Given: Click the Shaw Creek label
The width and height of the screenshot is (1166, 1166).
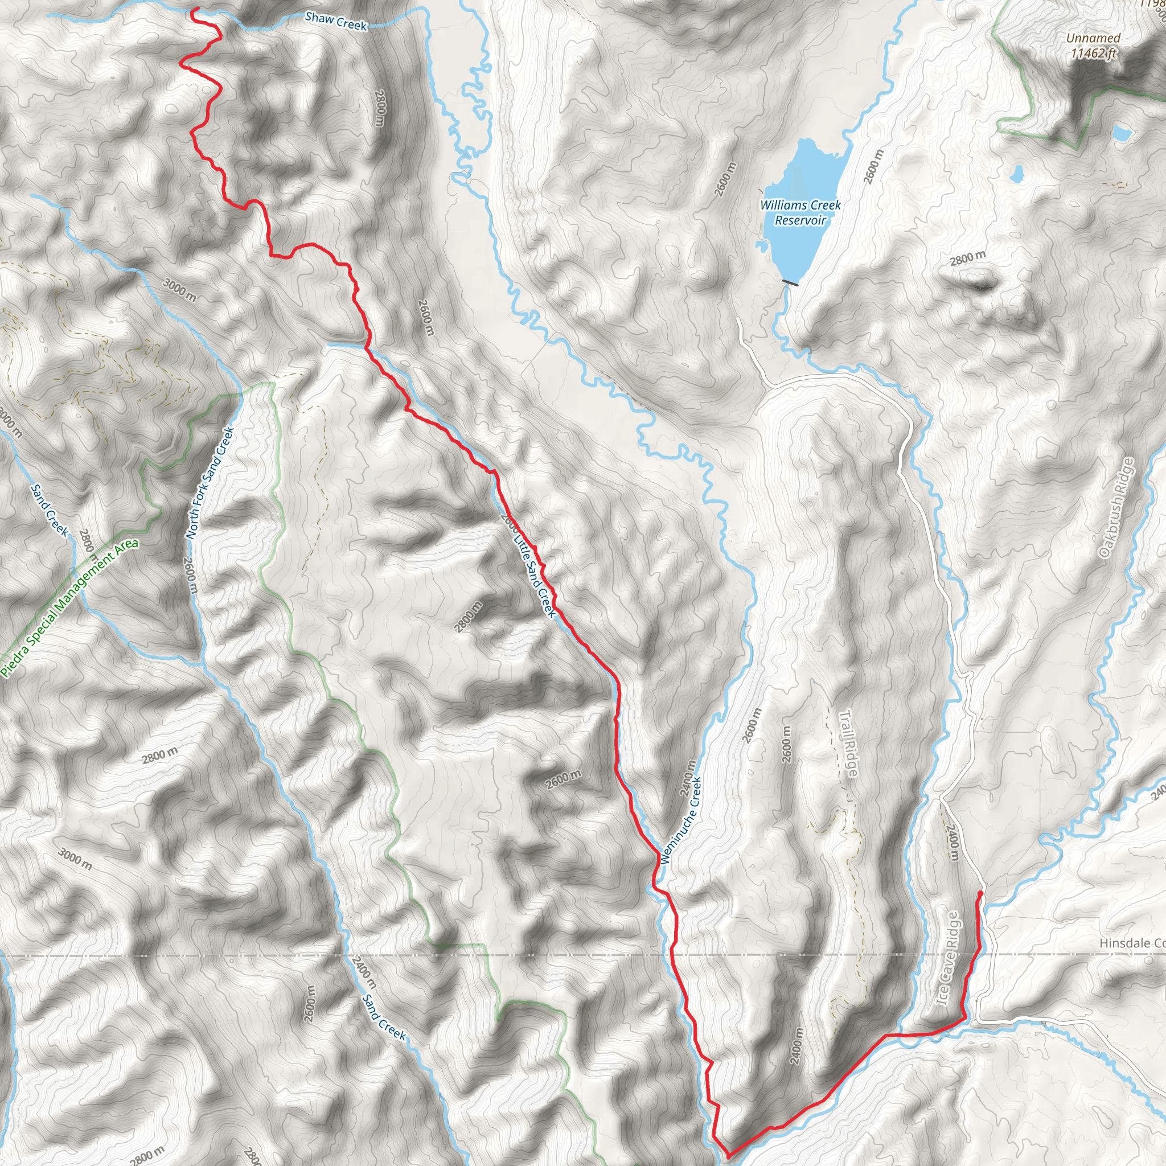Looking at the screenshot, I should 336,21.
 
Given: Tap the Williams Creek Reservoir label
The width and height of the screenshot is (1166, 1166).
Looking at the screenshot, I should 800,212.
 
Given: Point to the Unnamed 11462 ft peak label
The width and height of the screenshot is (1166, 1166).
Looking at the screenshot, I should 1093,46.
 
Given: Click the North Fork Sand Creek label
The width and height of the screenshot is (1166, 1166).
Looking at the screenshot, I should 209,483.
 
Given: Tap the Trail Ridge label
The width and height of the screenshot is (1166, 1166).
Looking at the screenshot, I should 848,744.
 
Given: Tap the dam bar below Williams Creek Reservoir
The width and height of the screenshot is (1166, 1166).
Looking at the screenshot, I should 790,282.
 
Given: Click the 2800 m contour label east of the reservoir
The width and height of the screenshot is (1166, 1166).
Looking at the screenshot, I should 967,258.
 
